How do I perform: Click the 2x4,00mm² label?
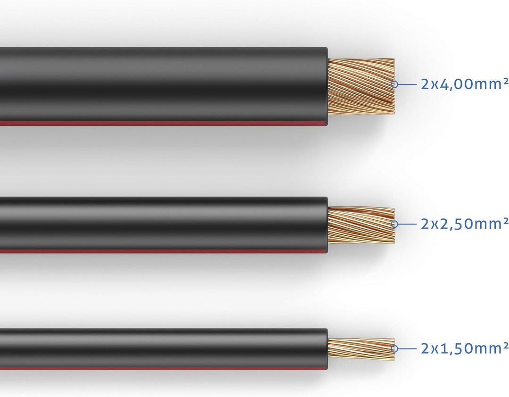point(464,84)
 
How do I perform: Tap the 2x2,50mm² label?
point(464,223)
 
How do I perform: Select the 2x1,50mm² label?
point(464,348)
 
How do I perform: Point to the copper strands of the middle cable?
point(361,225)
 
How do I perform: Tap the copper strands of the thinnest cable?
point(361,349)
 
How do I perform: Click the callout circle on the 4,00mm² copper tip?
point(394,84)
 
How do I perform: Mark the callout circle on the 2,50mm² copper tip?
point(394,223)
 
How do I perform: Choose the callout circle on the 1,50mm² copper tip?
point(394,349)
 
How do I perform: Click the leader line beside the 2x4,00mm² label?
point(408,84)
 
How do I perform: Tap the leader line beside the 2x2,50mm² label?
point(408,223)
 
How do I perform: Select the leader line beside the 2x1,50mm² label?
point(408,349)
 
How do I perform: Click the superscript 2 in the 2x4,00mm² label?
point(506,81)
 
